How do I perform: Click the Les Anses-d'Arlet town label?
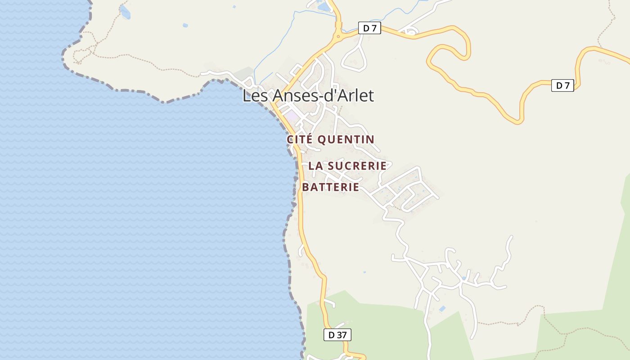point(308,95)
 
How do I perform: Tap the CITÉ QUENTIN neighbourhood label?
point(331,139)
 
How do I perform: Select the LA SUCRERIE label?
point(347,166)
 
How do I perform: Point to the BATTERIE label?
point(331,187)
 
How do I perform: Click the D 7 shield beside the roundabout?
point(369,28)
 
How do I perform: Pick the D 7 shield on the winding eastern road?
point(562,85)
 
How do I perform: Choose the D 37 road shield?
point(337,335)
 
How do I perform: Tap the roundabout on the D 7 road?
point(338,37)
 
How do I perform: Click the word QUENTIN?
point(346,139)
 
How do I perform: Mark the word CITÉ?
point(300,139)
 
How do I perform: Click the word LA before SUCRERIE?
point(315,166)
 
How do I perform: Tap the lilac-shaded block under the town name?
point(292,116)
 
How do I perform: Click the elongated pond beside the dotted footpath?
point(125,12)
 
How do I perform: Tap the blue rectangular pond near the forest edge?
point(442,309)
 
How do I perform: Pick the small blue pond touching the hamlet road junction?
point(463,279)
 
